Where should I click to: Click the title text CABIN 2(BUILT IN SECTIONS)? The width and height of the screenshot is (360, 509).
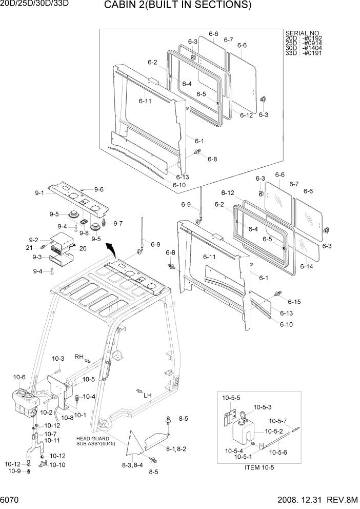177,6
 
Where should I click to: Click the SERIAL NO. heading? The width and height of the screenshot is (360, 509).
303,33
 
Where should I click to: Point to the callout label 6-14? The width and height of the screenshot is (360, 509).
306,266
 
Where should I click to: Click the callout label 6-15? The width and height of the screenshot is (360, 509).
294,301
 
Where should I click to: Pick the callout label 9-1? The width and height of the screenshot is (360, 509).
40,193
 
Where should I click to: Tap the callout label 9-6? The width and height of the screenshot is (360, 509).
98,189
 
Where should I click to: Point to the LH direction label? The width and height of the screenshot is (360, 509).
148,395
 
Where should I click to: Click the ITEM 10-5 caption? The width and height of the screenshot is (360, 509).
260,468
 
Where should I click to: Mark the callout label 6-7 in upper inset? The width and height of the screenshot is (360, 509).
228,40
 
